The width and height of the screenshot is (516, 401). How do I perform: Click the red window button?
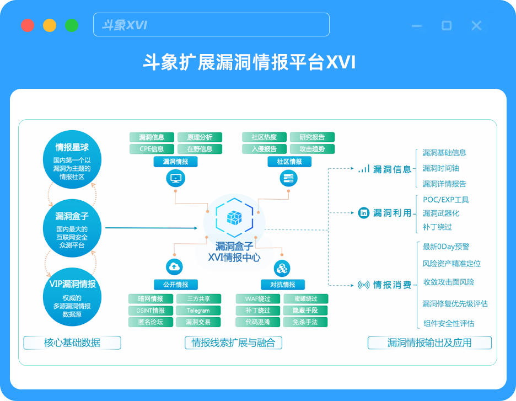[28, 25]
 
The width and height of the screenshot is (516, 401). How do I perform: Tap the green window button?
[72, 25]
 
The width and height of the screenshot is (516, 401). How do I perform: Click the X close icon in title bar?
[476, 25]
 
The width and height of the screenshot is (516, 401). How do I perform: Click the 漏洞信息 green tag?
[152, 137]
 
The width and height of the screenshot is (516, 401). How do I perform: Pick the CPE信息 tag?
[152, 149]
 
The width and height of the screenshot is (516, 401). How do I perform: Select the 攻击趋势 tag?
[312, 149]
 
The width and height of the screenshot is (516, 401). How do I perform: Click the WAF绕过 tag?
[258, 299]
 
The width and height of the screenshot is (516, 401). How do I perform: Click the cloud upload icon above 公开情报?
[175, 268]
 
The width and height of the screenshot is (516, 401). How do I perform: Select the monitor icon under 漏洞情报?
[175, 179]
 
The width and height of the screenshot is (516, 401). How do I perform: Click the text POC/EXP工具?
[445, 200]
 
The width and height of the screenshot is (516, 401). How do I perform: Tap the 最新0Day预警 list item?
[446, 247]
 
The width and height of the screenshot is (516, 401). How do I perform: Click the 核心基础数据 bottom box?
[72, 343]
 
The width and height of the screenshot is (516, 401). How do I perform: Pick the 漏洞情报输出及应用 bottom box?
[429, 343]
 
